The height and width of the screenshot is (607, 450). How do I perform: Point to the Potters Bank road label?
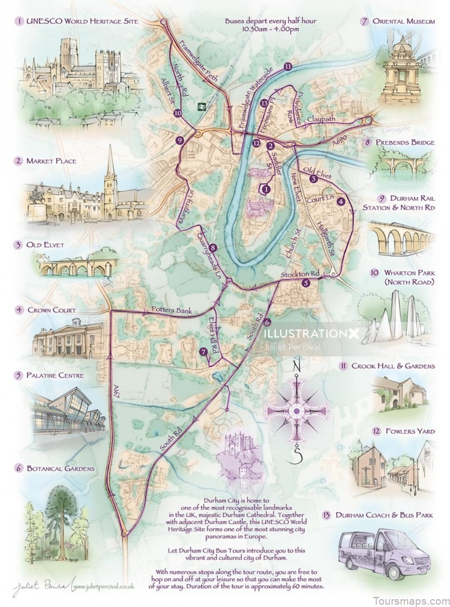click(168, 311)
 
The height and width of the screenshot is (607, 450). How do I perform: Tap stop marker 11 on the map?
click(288, 66)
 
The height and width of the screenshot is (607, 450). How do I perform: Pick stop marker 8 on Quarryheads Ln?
click(212, 248)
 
